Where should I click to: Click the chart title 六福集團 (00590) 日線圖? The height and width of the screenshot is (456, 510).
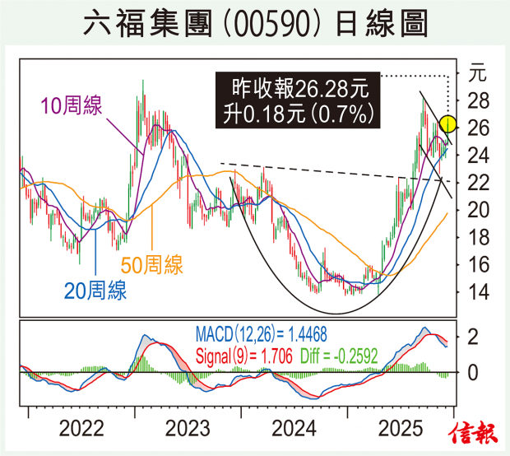255,25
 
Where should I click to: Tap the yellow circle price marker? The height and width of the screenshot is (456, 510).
448,125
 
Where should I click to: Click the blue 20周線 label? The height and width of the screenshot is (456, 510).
95,289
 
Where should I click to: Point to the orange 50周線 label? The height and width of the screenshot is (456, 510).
152,264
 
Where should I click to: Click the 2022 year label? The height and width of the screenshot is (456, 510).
81,429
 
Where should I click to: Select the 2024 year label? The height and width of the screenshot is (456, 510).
294,429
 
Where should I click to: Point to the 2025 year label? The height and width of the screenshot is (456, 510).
401,429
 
